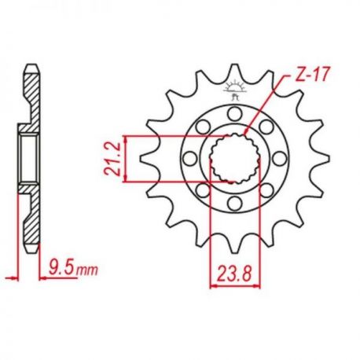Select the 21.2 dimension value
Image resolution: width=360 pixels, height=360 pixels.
[x=112, y=159]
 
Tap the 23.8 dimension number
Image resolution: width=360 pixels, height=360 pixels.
[x=234, y=274]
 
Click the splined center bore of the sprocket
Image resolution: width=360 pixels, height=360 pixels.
[x=234, y=158]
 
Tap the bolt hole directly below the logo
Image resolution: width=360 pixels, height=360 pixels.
[x=234, y=114]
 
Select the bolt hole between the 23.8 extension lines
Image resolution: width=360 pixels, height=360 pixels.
[x=234, y=204]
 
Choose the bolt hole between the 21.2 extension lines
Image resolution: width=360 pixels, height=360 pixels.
[x=190, y=158]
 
